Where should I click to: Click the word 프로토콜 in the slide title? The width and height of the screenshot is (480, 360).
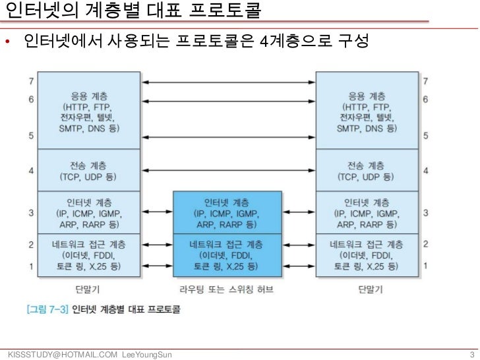pos(220,11)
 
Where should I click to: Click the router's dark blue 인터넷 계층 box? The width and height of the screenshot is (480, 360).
pos(227,212)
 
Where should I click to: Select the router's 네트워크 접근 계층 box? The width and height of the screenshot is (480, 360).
pos(227,255)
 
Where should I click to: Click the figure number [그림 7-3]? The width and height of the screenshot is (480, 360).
pos(45,308)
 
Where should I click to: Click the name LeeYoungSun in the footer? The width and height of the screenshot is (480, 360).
pos(147,355)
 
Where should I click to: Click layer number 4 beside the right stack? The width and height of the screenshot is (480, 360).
pos(425,171)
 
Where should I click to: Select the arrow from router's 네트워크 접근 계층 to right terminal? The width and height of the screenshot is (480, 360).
pos(300,254)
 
